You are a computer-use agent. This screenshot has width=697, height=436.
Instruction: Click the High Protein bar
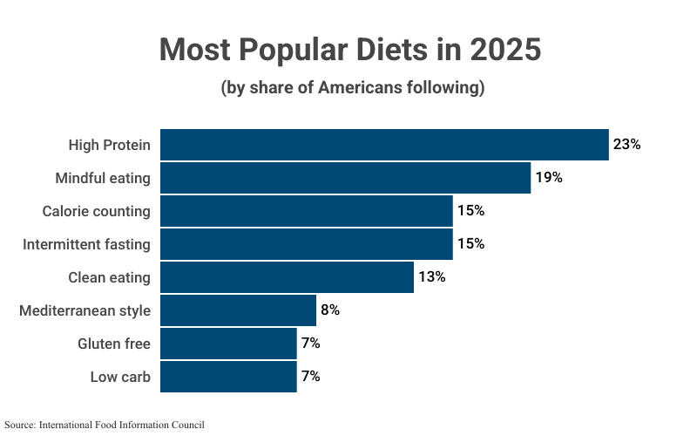[x=383, y=145]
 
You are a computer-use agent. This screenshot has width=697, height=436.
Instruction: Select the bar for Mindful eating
[x=345, y=178]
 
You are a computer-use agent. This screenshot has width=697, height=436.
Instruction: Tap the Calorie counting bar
[x=306, y=211]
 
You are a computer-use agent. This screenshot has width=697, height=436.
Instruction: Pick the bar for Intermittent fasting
[x=306, y=244]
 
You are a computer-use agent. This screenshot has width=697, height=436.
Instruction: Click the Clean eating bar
[x=287, y=277]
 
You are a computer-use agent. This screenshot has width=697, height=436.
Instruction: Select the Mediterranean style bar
[x=238, y=310]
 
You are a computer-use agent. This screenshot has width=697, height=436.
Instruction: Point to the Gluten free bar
[x=228, y=344]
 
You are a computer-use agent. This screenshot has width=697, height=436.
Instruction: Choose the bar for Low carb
[x=228, y=377]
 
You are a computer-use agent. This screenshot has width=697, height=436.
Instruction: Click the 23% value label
[x=626, y=145]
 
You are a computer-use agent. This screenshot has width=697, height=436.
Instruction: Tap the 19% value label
[x=549, y=178]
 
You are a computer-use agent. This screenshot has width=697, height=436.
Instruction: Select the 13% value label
[x=432, y=277]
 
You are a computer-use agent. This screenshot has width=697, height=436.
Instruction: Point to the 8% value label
[x=330, y=310]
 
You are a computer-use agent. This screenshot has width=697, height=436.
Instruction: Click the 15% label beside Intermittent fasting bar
[x=471, y=244]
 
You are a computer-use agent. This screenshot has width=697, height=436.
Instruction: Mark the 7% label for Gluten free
[x=311, y=344]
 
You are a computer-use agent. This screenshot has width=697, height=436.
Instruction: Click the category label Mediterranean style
[x=85, y=310]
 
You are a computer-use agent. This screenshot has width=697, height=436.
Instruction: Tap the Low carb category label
[x=120, y=377]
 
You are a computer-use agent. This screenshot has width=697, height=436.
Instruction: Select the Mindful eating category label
[x=103, y=178]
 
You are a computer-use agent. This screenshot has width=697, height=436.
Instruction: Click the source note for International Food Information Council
[x=104, y=425]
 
